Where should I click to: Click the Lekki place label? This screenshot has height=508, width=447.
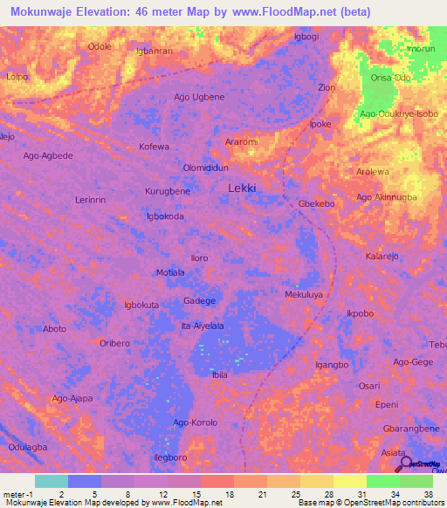coord(242,188)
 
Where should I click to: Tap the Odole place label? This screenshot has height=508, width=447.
coord(100,46)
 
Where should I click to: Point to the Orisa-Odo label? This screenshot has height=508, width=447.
coord(390,78)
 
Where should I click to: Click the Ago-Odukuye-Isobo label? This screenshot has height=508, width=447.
coord(398,113)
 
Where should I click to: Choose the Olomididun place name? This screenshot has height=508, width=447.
coord(205,168)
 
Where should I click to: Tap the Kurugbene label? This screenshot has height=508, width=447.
coord(167,190)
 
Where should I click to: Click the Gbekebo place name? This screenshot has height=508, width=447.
coord(317,203)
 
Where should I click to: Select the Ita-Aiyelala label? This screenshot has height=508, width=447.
coord(202,326)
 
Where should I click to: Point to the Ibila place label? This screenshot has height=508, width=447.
coord(219,374)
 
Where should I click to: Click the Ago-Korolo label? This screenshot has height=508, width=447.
coord(195,422)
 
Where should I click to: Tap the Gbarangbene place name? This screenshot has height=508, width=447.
coord(411,429)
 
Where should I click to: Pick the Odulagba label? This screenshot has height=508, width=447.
coord(28,446)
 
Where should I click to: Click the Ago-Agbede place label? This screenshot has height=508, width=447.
coord(48,155)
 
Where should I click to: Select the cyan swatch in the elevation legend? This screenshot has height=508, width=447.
coord(52,481)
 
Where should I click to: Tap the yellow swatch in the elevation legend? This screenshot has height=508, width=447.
coord(350,481)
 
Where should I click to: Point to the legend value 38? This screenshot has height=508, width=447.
coord(428,495)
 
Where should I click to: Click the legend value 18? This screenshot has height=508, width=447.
coord(229,495)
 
